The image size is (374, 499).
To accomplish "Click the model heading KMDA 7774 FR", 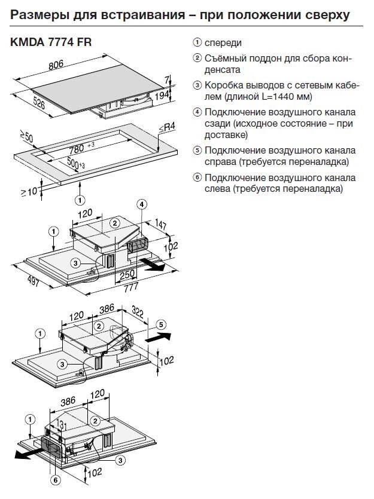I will [x=51, y=43].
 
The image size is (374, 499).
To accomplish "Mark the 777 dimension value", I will [x=129, y=287].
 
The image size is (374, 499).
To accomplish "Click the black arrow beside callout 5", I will [x=155, y=338].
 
